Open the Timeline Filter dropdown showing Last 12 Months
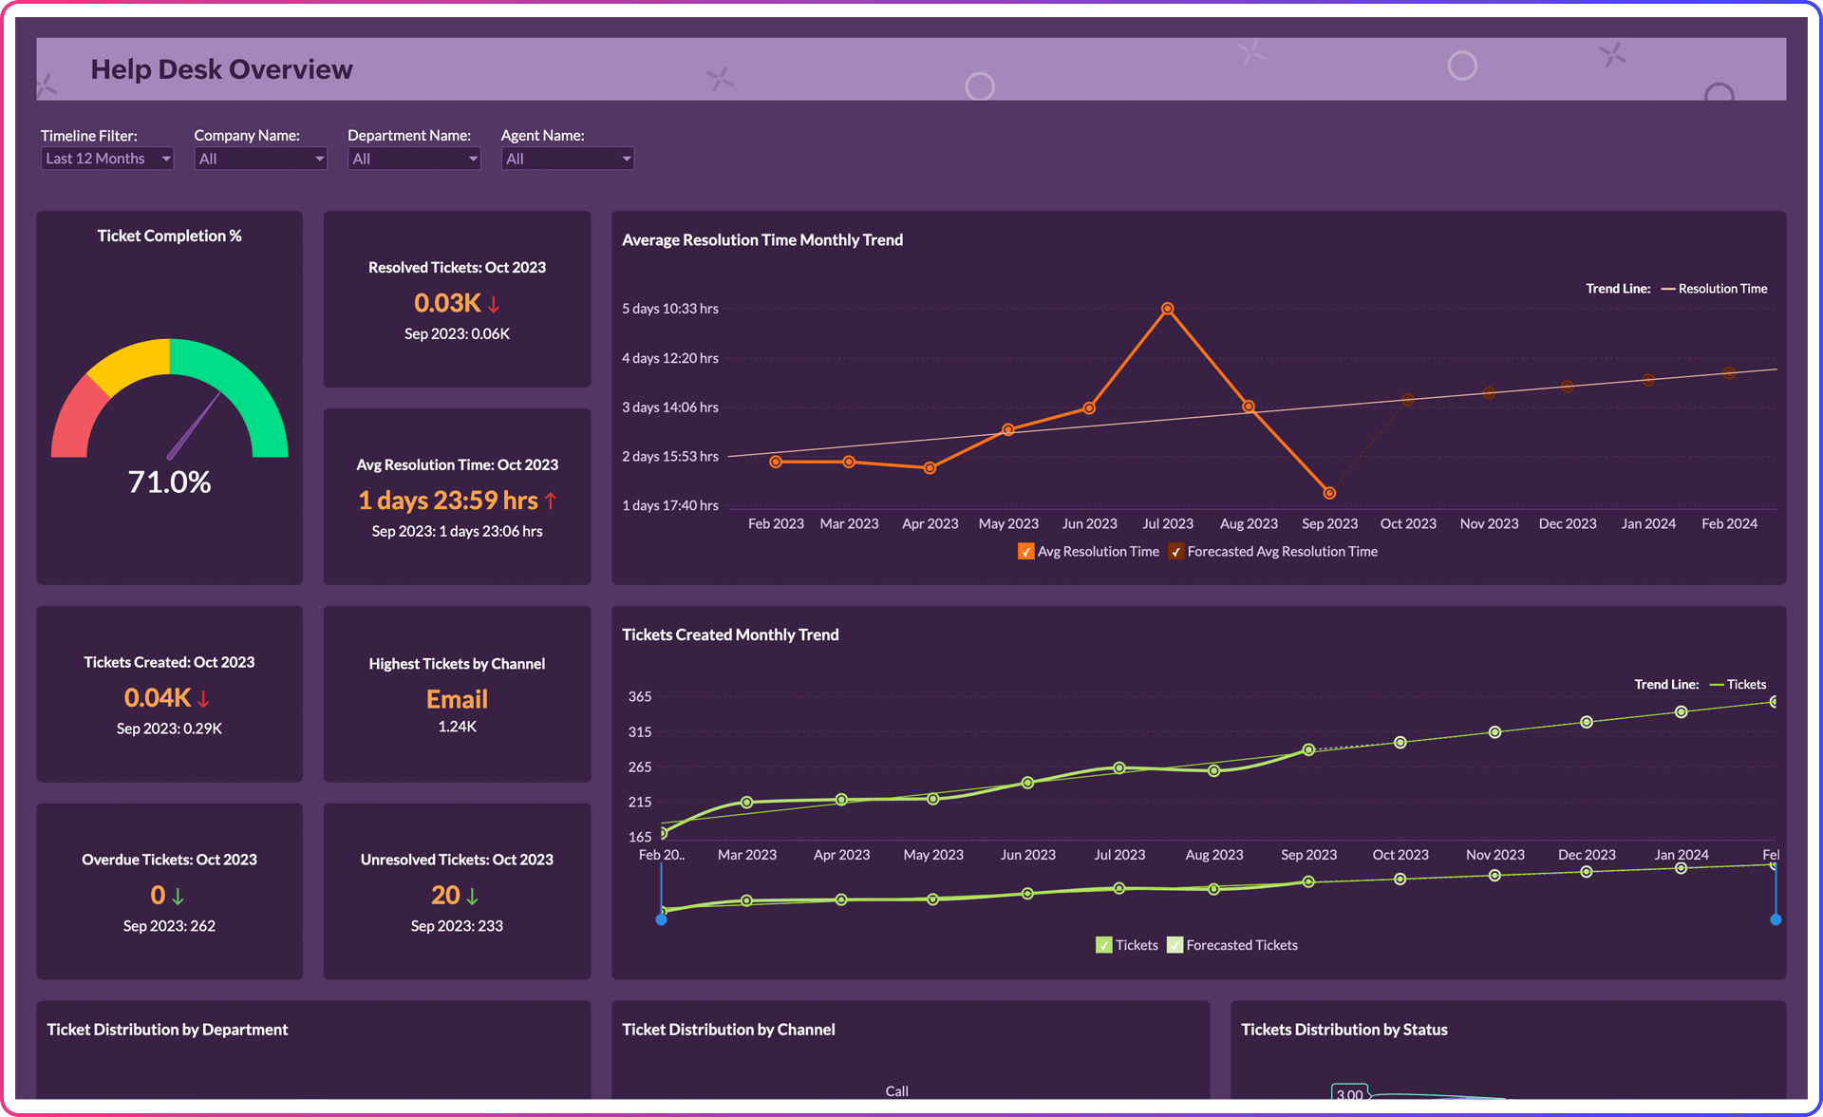click(x=106, y=159)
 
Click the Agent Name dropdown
click(x=567, y=159)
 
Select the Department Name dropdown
click(x=413, y=159)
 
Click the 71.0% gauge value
click(x=169, y=482)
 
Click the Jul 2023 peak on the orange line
click(x=1168, y=309)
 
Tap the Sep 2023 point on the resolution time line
click(x=1329, y=493)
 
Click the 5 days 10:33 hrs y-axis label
click(x=669, y=309)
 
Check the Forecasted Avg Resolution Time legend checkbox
click(x=1176, y=552)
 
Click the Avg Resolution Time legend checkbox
click(x=1026, y=552)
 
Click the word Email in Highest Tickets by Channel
click(x=457, y=699)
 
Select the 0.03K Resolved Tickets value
click(x=447, y=303)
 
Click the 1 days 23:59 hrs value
click(x=447, y=501)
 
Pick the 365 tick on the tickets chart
click(x=640, y=696)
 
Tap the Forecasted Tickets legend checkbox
click(x=1175, y=945)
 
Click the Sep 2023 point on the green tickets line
click(x=1308, y=749)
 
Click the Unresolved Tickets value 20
click(x=445, y=895)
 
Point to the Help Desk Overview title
click(x=221, y=69)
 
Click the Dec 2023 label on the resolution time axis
click(x=1568, y=523)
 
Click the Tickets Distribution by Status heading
click(x=1344, y=1030)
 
